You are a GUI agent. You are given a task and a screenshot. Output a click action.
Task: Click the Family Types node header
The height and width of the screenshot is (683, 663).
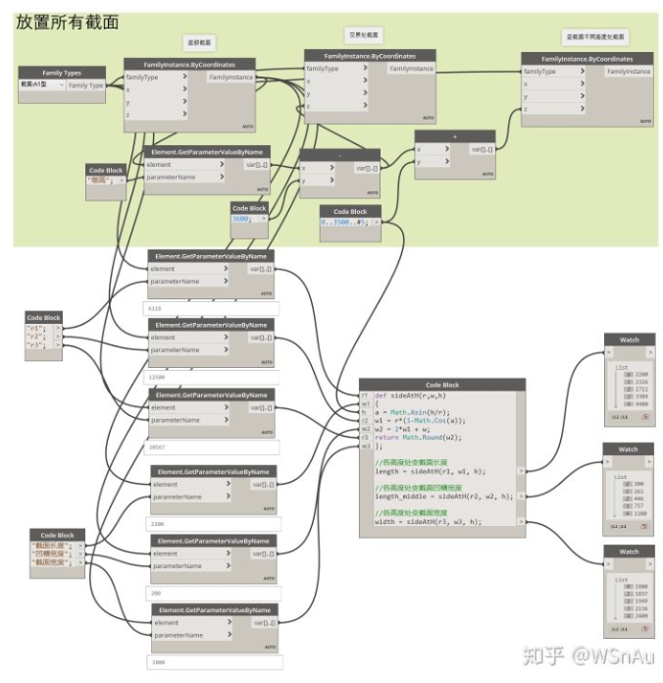click(61, 72)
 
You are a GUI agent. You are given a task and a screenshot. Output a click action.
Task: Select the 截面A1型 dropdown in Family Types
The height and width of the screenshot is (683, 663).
click(41, 85)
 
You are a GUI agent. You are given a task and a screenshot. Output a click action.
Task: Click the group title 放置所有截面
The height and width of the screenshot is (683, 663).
click(67, 22)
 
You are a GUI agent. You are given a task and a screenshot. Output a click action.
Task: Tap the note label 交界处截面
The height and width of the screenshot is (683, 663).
click(365, 33)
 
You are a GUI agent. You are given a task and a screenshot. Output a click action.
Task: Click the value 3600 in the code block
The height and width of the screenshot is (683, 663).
click(240, 220)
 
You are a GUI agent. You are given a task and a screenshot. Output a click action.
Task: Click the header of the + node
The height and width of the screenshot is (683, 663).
click(454, 136)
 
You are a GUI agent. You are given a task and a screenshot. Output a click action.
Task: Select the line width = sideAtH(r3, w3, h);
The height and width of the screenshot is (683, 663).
click(430, 522)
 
